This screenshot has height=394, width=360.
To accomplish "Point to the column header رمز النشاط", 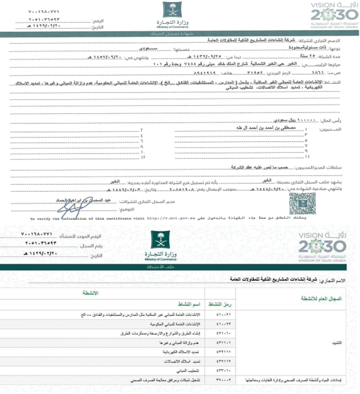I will tap(220, 304).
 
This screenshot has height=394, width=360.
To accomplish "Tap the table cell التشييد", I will tap(336, 343).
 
